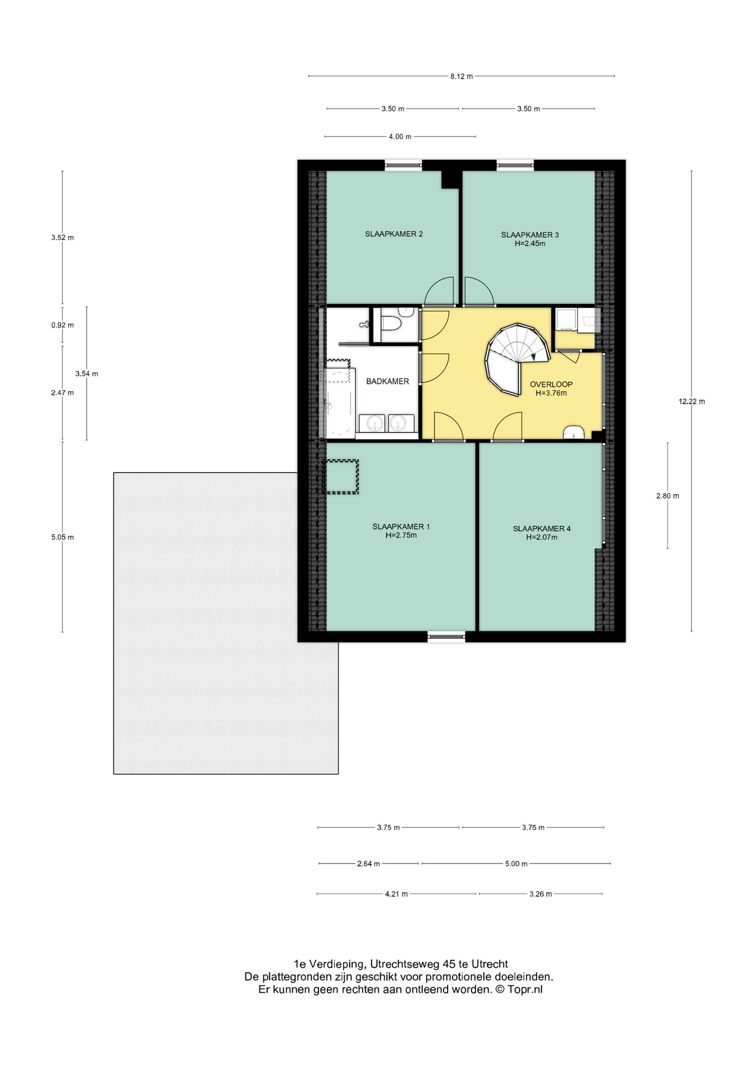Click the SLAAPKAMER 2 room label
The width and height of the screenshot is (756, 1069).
[x=394, y=234]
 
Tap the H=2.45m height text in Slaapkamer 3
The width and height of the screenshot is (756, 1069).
[x=529, y=243]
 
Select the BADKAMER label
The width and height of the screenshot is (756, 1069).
[x=387, y=381]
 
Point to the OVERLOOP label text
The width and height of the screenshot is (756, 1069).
[x=551, y=384]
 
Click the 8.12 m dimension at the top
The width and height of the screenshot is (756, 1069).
[x=462, y=76]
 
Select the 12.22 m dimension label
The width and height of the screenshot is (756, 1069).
[x=691, y=401]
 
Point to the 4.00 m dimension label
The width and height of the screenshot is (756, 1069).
[x=400, y=136]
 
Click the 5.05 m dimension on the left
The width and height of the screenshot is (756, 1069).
[x=62, y=537]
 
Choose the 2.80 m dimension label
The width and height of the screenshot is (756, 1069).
[x=667, y=496]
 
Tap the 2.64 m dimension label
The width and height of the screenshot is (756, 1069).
[x=369, y=864]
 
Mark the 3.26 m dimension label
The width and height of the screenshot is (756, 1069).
[x=541, y=894]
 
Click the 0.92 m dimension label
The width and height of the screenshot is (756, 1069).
[x=62, y=325]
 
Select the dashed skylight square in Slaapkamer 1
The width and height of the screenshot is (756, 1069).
[x=341, y=477]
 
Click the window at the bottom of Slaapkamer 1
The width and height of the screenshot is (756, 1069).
[x=446, y=636]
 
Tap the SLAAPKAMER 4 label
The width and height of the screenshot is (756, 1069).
[x=542, y=529]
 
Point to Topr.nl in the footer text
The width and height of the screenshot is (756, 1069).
[x=524, y=989]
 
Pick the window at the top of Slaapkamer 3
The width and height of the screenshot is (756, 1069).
[x=515, y=164]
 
